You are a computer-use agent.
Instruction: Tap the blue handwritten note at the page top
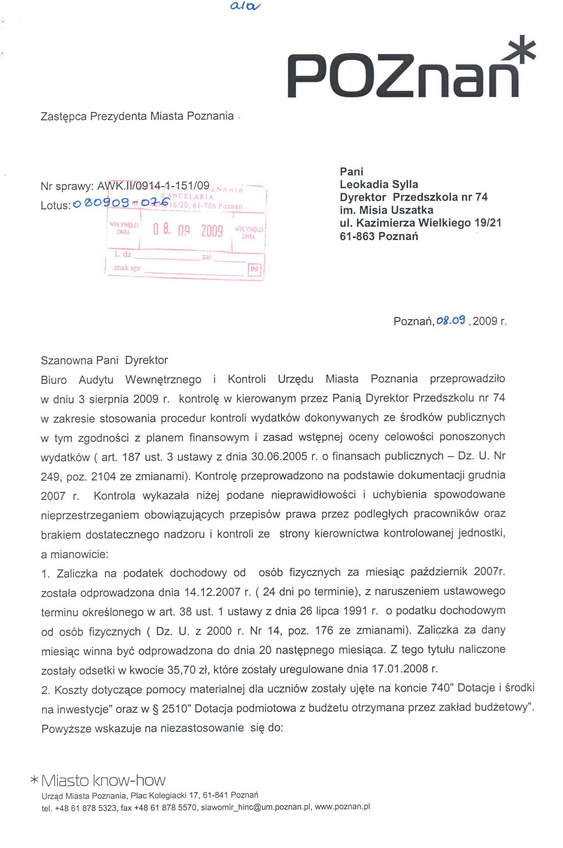pos(245,6)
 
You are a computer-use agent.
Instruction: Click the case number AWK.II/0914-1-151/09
pos(153,186)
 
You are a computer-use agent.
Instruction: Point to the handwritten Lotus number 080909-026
pos(121,203)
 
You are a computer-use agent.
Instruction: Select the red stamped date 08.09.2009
pos(188,230)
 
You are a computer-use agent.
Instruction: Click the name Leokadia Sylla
pos(379,184)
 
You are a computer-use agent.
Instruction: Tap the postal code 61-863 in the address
pos(357,236)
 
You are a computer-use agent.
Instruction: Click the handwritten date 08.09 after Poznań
pos(451,321)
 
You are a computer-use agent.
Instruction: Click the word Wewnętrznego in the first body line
pos(163,379)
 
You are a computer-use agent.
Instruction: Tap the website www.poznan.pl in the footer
pos(342,807)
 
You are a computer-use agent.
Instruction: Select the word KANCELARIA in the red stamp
pos(187,196)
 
